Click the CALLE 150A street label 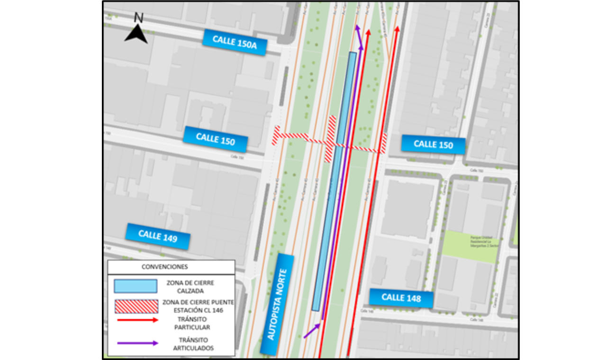click(x=235, y=42)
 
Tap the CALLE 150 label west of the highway click(x=216, y=139)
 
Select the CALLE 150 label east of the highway click(x=433, y=144)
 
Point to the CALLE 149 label click(x=158, y=235)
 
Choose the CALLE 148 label click(x=401, y=298)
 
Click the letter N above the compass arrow click(x=138, y=18)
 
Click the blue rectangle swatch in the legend click(x=136, y=286)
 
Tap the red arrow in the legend click(x=137, y=320)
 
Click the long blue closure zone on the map click(x=335, y=180)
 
